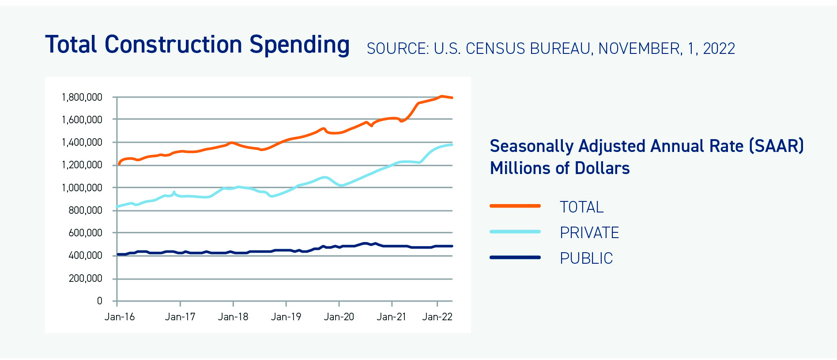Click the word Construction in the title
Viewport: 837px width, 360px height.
point(173,45)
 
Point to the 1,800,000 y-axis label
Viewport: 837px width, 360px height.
point(82,97)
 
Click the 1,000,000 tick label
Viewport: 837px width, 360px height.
point(82,188)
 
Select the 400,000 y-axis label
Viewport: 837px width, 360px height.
point(85,255)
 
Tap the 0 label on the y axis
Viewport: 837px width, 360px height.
point(99,301)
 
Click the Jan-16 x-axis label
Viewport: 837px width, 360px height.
point(119,317)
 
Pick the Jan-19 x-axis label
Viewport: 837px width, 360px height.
point(286,317)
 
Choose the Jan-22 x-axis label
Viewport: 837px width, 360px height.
point(437,317)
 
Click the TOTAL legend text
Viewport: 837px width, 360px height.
point(581,207)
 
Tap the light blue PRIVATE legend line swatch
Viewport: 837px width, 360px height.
point(515,231)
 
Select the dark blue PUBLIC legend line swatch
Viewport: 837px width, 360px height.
point(515,257)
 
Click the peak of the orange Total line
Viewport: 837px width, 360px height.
point(441,96)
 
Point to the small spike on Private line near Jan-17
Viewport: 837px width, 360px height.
point(174,192)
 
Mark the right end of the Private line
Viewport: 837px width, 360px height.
point(452,144)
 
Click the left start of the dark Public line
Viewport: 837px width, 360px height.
point(118,254)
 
